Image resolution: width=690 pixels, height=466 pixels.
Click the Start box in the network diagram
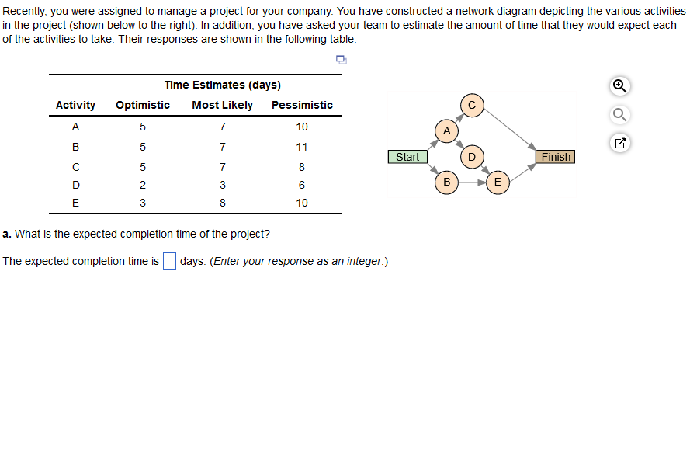click(x=407, y=157)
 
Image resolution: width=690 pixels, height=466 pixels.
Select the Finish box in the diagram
click(x=556, y=157)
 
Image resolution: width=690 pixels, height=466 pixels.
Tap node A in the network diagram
click(x=446, y=130)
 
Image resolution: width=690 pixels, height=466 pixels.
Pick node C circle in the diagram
click(x=472, y=105)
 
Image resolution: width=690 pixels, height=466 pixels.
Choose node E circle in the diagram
click(x=498, y=183)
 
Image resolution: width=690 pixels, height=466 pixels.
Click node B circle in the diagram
click(x=446, y=183)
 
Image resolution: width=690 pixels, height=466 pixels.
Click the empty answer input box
click(x=170, y=261)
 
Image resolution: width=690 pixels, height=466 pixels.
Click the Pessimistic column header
click(x=302, y=105)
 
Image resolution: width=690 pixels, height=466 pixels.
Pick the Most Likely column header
click(x=222, y=105)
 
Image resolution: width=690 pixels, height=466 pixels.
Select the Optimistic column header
click(x=143, y=105)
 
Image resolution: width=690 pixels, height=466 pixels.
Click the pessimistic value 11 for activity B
click(x=302, y=147)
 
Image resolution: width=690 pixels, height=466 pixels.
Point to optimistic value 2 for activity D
click(x=143, y=185)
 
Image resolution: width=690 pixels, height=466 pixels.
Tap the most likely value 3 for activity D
click(x=223, y=185)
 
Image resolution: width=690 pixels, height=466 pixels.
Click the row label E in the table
click(x=75, y=203)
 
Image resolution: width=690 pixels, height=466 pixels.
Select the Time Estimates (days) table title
click(x=223, y=85)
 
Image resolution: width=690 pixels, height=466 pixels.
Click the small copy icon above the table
click(x=340, y=60)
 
